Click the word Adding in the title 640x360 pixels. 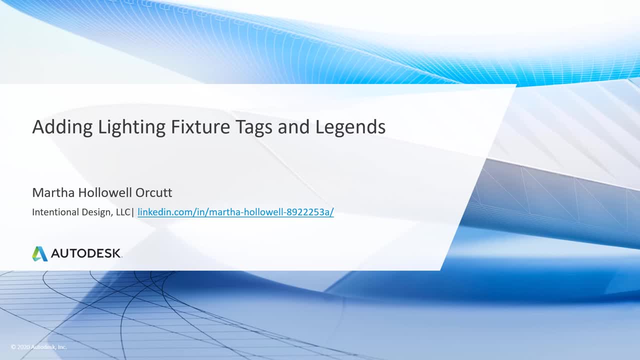click(x=62, y=127)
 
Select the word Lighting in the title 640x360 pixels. click(x=131, y=127)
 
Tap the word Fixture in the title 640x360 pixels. click(x=200, y=126)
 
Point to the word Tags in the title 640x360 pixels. click(x=253, y=127)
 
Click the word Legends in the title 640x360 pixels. click(x=350, y=126)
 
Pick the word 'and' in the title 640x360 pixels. click(x=293, y=126)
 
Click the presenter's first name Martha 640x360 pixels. click(x=53, y=192)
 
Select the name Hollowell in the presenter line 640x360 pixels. click(x=105, y=192)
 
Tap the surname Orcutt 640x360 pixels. click(x=153, y=192)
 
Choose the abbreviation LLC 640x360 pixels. click(x=123, y=212)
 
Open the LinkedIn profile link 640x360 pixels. click(x=235, y=212)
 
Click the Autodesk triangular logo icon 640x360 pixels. click(x=39, y=253)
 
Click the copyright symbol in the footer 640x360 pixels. click(x=13, y=347)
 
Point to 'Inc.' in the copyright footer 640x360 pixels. click(x=62, y=347)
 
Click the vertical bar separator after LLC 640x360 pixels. click(x=132, y=212)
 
